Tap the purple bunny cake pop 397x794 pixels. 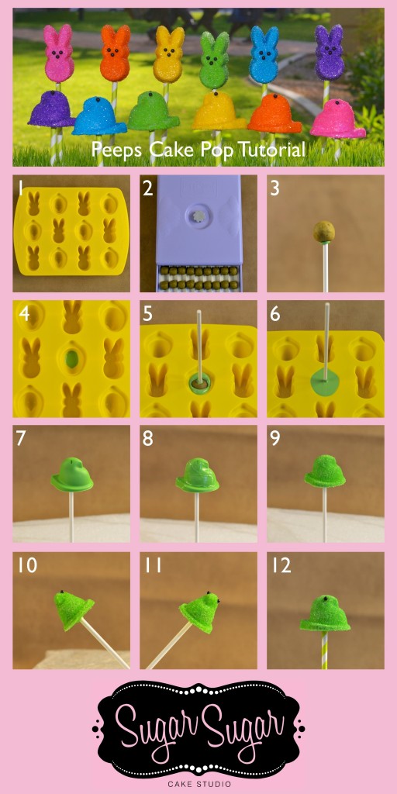click(x=329, y=53)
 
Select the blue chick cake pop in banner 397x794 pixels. click(x=98, y=116)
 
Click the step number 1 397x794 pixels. click(x=20, y=187)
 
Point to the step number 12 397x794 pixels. click(x=281, y=566)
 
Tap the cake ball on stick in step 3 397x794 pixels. click(x=324, y=231)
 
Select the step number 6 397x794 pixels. click(x=274, y=313)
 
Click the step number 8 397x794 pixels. click(x=147, y=439)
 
